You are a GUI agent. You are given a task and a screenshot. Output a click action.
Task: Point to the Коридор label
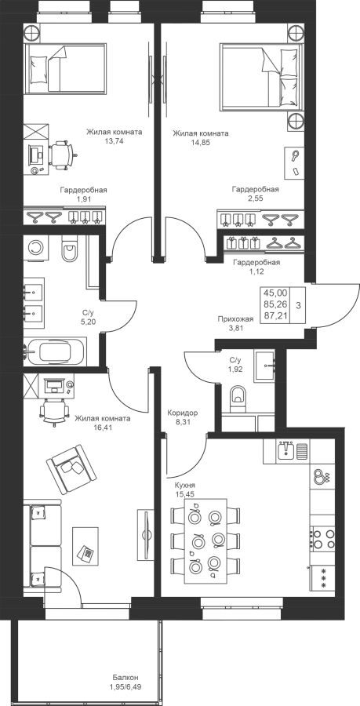point(182,413)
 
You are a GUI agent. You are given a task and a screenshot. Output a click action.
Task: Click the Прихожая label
point(235,319)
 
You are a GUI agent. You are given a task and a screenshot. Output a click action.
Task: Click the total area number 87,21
point(276,317)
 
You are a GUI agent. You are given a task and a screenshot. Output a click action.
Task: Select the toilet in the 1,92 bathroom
point(237,398)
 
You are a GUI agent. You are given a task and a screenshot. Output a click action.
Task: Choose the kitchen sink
point(285,451)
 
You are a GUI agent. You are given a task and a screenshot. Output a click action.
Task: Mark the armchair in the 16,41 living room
point(72,468)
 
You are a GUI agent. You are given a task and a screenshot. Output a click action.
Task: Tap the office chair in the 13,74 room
point(61,155)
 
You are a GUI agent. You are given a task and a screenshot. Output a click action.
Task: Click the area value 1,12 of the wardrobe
point(255,271)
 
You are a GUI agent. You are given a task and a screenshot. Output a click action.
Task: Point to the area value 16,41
point(103,427)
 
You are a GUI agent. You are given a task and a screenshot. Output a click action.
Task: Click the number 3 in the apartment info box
point(299,305)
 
